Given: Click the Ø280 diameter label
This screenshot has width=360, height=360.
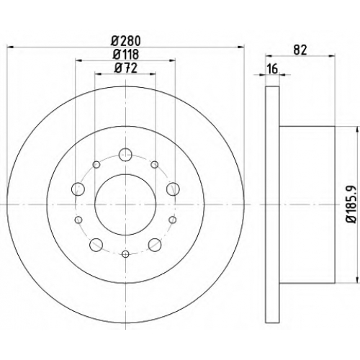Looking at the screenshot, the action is tap(125, 41).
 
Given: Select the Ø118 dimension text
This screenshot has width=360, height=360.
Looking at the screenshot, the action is tap(126, 54).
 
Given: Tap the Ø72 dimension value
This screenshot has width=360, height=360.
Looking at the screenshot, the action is tap(126, 68).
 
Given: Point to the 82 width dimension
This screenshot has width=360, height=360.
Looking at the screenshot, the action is tap(300, 50).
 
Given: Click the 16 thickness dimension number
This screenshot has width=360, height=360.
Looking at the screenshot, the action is tap(273, 69).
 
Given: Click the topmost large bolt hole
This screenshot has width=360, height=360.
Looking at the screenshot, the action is tap(125, 155).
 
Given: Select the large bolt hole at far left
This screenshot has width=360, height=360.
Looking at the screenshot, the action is tap(78, 189).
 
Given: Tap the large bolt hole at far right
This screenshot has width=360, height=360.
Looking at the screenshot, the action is tap(173, 189).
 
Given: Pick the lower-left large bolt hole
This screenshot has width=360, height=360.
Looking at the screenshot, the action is tap(96, 245).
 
